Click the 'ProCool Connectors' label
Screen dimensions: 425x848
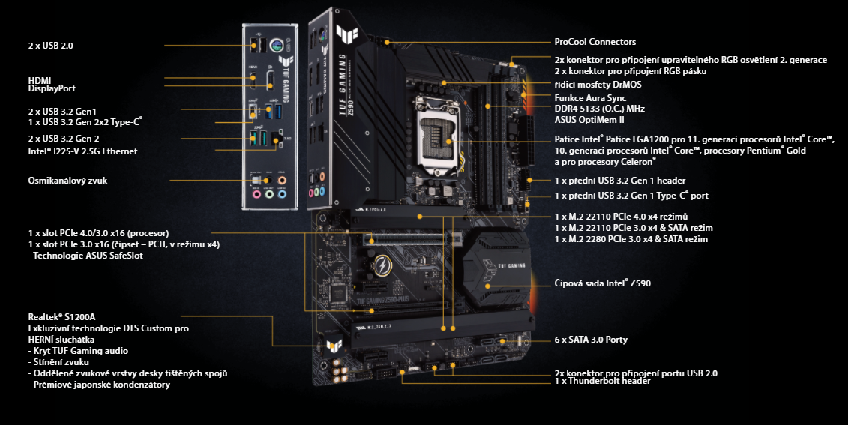coord(595,42)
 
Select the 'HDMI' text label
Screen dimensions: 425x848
coord(40,79)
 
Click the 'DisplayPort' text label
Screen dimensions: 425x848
coord(52,88)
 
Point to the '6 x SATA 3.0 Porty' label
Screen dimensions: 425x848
coord(591,340)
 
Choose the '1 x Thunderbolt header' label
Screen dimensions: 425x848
coord(602,381)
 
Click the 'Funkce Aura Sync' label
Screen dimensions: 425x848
coord(589,98)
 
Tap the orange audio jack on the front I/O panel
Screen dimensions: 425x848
coord(282,180)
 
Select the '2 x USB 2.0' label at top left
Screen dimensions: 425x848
coord(50,46)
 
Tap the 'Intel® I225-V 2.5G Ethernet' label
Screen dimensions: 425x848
coord(82,151)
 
